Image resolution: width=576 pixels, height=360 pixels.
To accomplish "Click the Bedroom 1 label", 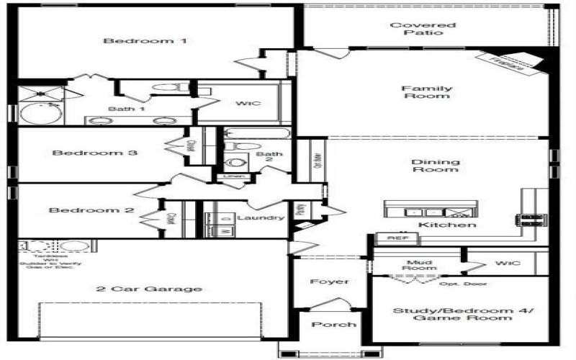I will pos(145,41).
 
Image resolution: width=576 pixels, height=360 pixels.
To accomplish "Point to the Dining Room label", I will pos(435,166).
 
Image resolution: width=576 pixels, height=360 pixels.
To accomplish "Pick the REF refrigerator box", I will pos(393,237).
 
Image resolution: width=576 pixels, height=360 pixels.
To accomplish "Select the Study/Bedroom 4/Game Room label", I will pos(453,314).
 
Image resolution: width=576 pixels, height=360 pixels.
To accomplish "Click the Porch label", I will pos(333,325).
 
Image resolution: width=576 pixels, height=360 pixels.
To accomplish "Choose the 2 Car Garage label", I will pos(148,289).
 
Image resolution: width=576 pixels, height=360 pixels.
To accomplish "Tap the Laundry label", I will pos(261,217).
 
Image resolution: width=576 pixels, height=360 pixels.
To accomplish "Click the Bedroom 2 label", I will pos(91,210).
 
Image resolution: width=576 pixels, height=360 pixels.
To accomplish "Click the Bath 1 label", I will pos(127,109).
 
